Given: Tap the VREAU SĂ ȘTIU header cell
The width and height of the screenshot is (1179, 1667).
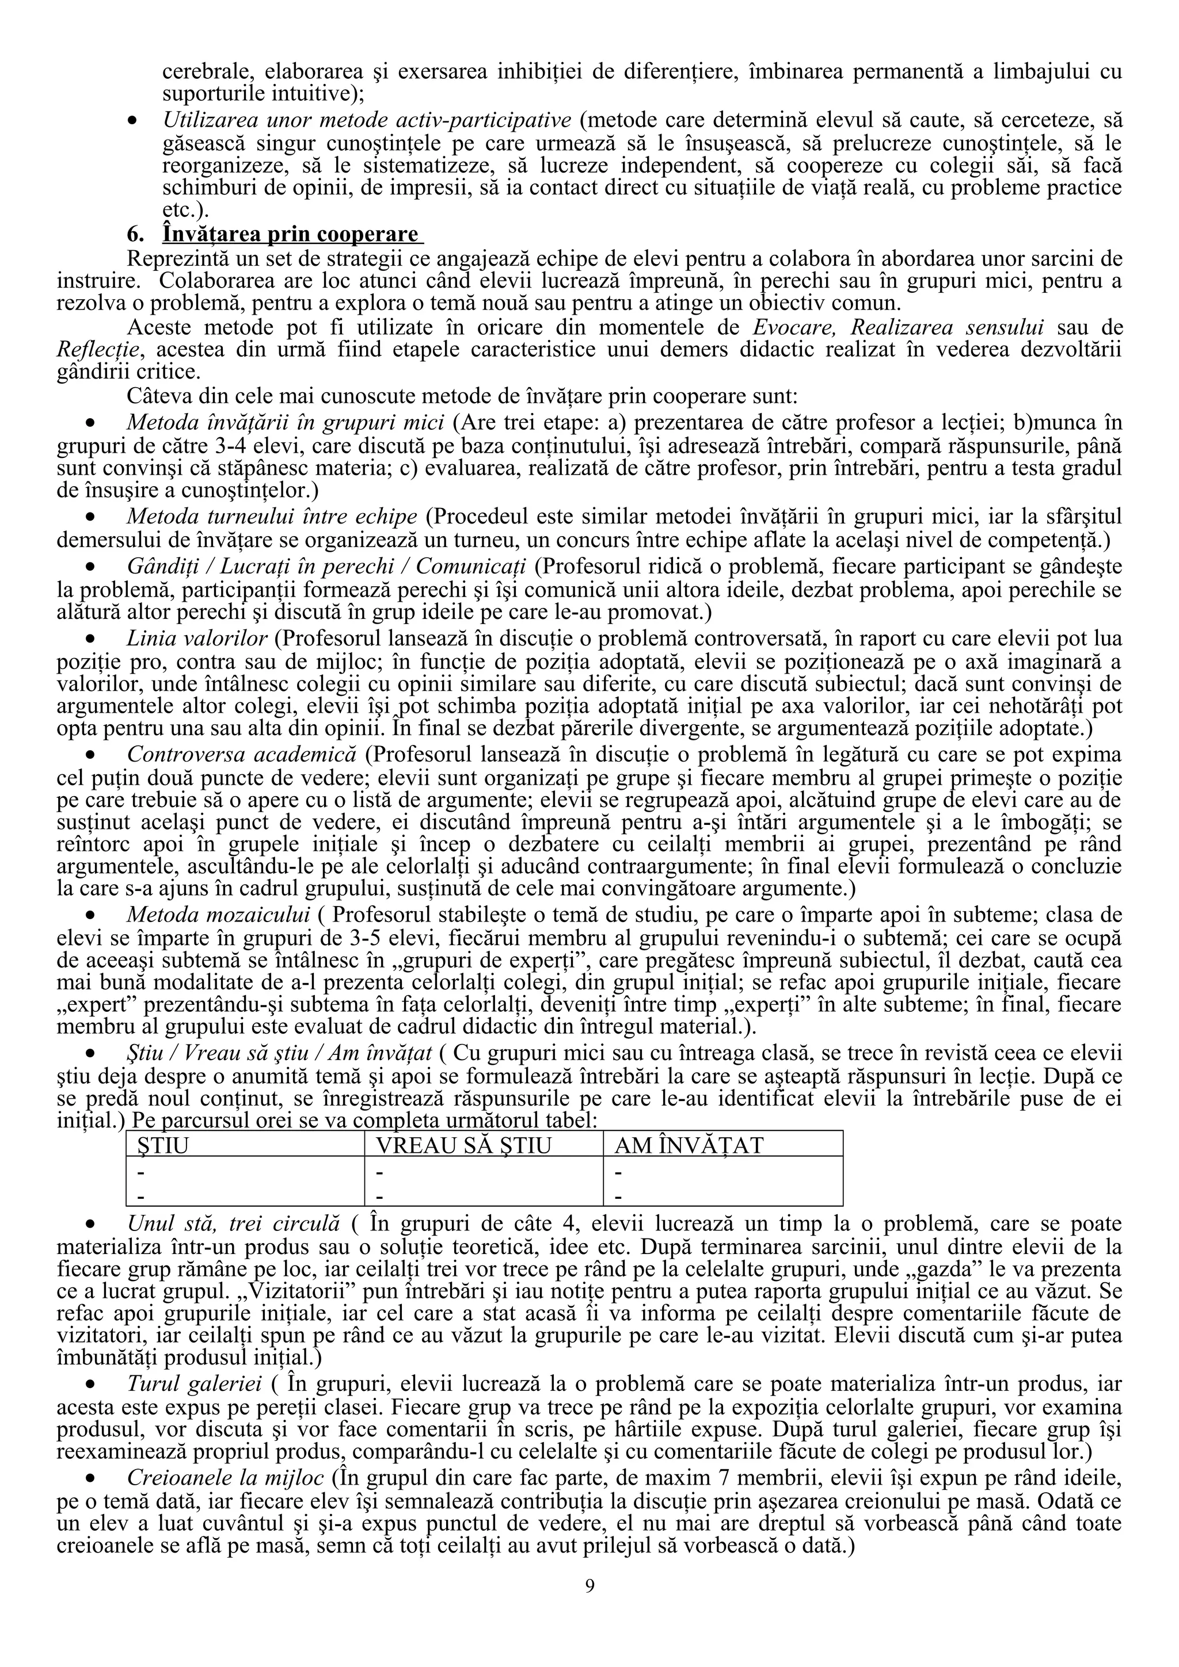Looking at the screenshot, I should tap(463, 1145).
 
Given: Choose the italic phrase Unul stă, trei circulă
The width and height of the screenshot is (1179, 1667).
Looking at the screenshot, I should tap(233, 1223).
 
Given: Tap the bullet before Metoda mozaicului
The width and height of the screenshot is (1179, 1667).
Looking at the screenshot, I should tap(92, 913).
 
